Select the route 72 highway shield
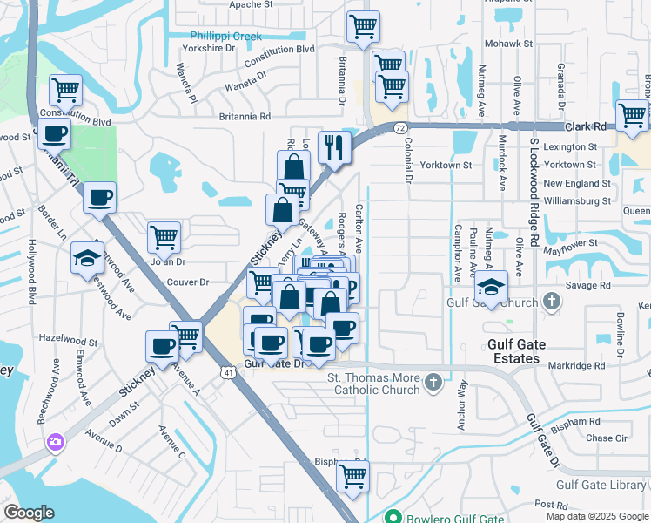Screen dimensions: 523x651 tap(399, 128)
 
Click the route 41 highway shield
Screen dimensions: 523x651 tap(227, 372)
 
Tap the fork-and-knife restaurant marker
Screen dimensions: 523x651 tap(333, 146)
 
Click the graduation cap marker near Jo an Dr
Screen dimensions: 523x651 tap(87, 257)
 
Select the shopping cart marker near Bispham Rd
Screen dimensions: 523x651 tap(352, 475)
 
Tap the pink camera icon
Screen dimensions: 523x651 tap(56, 442)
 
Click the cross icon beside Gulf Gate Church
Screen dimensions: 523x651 tap(550, 302)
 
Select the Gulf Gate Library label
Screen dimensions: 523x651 tap(602, 485)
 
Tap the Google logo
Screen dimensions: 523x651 tap(29, 513)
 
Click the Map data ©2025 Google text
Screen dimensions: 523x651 tap(596, 516)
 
